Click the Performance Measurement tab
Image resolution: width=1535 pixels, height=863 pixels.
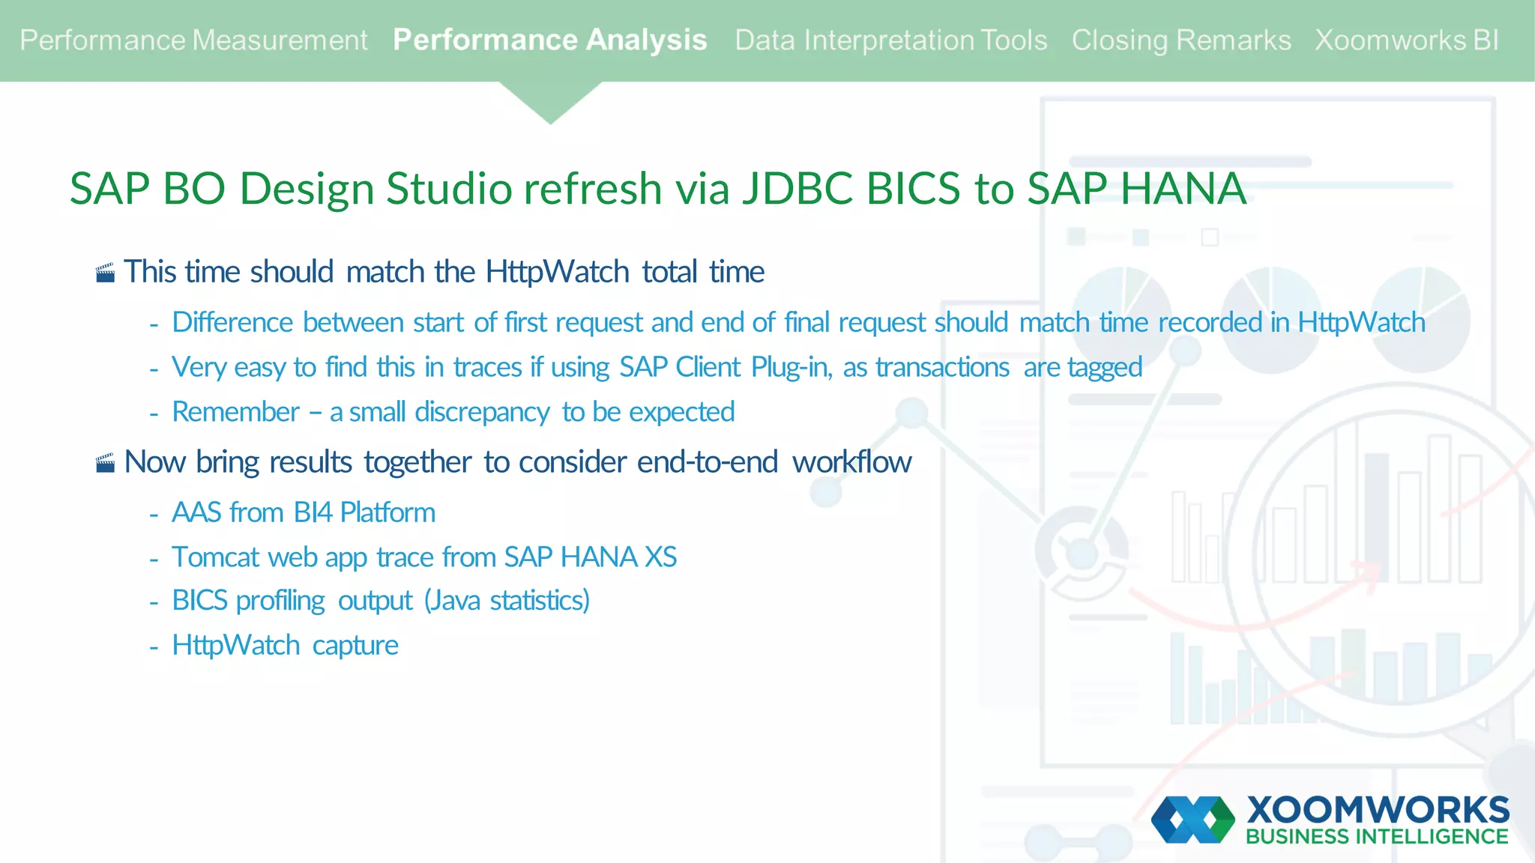193,40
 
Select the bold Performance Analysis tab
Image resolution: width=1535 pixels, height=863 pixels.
549,40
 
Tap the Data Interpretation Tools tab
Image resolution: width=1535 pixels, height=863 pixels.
890,40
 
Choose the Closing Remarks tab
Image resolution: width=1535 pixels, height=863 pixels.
1180,40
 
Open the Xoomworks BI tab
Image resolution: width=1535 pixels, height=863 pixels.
1406,40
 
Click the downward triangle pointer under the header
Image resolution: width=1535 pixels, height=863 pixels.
550,102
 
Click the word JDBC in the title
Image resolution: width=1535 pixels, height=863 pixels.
797,188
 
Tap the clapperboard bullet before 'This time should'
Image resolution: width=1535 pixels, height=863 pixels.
106,273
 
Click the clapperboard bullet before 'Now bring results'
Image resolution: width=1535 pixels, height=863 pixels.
106,463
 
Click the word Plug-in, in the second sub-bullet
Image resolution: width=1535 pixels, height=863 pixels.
791,368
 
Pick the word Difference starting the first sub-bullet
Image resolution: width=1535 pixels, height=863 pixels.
232,323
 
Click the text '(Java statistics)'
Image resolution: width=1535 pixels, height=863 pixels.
507,601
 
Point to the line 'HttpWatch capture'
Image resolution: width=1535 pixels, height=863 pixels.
285,645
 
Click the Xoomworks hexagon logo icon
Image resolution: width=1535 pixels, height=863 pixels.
1192,820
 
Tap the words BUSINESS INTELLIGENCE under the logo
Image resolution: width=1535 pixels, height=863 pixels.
1377,837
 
